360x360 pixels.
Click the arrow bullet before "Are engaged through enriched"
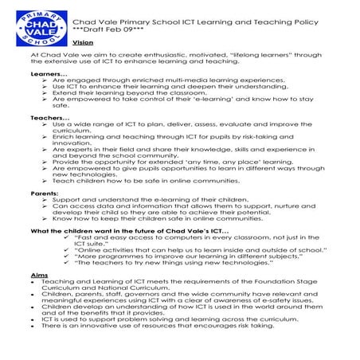click(x=45, y=80)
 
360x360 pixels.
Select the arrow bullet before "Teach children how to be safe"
click(x=45, y=181)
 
